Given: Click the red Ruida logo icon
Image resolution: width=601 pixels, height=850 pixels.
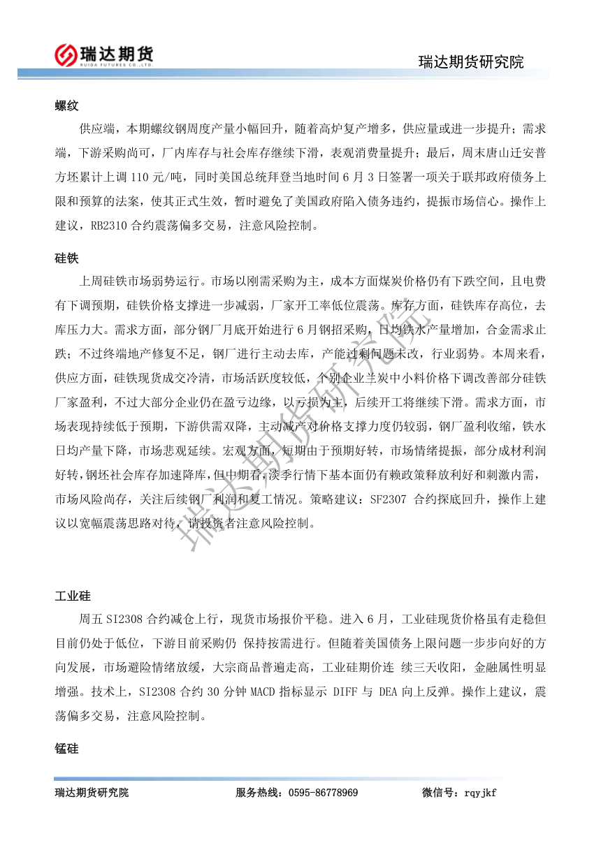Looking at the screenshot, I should pyautogui.click(x=66, y=54).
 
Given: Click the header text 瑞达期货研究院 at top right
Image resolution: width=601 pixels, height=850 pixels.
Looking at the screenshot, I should pyautogui.click(x=470, y=61).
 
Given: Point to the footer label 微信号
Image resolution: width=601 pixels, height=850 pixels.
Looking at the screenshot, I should pyautogui.click(x=439, y=793).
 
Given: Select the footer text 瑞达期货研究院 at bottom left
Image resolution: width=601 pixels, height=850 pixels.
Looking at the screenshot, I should pyautogui.click(x=92, y=793).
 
